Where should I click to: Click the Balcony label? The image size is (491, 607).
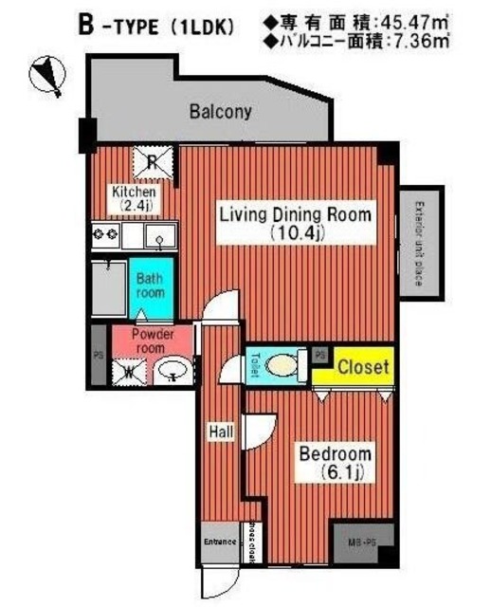(220, 112)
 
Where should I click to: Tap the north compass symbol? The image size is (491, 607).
(47, 76)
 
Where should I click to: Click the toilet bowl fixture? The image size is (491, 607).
(282, 365)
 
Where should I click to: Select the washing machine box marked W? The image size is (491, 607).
(128, 371)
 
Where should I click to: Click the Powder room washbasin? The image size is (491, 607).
(172, 371)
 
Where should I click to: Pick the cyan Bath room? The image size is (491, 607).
(151, 286)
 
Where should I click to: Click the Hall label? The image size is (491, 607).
(222, 432)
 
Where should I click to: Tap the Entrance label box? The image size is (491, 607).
(219, 543)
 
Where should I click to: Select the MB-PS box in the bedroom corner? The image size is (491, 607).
(364, 542)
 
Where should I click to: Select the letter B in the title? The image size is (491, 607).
(85, 27)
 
